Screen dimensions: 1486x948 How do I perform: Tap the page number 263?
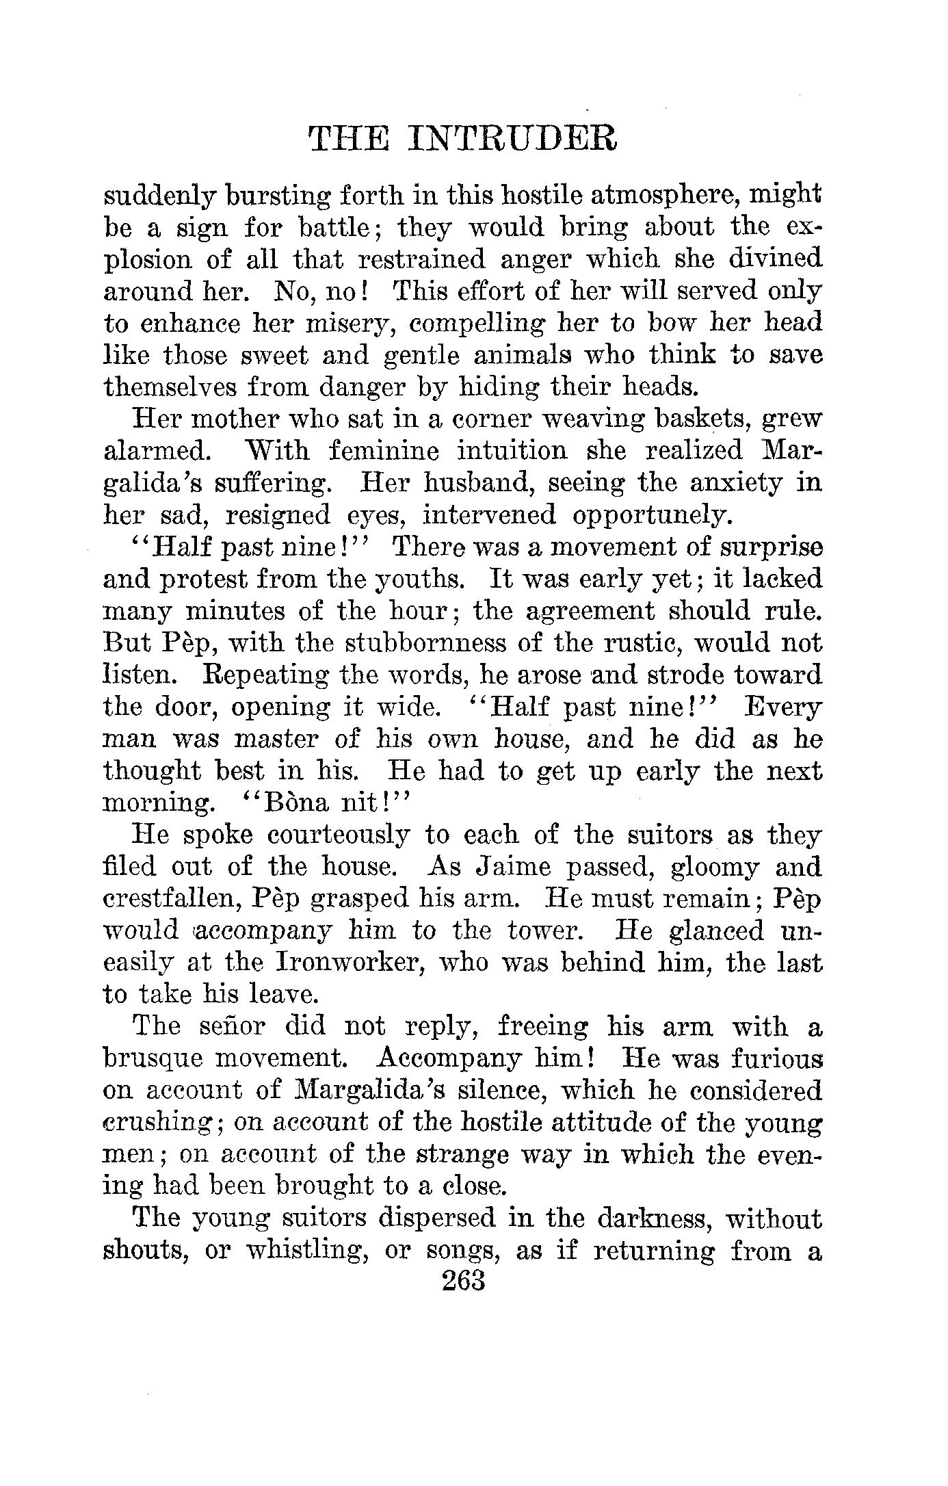tap(463, 1279)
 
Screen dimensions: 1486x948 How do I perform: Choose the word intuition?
tap(448, 451)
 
